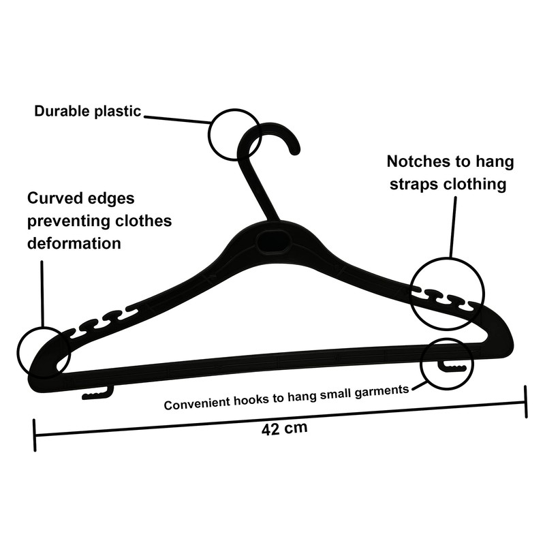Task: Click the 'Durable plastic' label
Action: coord(88,111)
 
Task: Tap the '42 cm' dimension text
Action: coord(285,428)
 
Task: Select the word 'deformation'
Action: coord(74,243)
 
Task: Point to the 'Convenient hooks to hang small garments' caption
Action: coord(286,397)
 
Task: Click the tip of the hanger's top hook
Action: coord(295,151)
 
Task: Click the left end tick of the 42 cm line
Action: coord(35,435)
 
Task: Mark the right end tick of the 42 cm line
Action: coord(526,401)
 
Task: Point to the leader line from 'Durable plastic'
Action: coord(177,120)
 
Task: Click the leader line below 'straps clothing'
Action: coord(453,227)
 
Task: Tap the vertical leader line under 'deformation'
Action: coord(42,294)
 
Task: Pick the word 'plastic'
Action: coord(118,112)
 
